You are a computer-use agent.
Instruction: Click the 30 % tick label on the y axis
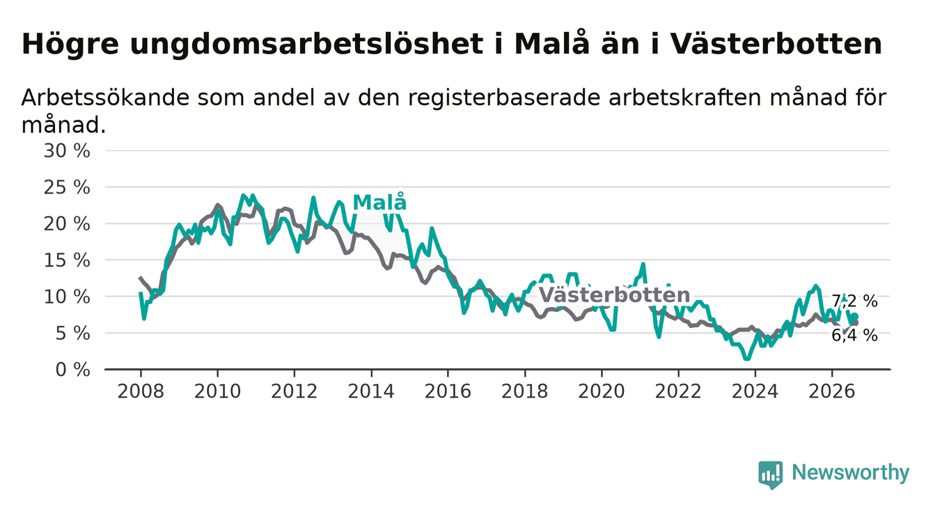coord(67,151)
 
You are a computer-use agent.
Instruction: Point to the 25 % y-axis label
coord(67,187)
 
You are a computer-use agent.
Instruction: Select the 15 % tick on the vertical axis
coord(67,260)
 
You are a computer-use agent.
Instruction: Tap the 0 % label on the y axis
coord(72,370)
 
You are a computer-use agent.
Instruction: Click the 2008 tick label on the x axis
coord(141,392)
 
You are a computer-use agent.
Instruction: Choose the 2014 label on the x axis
coord(371,392)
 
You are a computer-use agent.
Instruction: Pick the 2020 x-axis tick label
coord(602,392)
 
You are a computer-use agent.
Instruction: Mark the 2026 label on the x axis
coord(832,392)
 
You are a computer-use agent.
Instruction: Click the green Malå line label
coord(379,203)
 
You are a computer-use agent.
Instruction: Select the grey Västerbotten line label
coord(614,295)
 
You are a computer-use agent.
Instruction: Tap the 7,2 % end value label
coord(855,301)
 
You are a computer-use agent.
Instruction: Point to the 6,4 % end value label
coord(855,336)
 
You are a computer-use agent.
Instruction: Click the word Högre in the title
coord(70,44)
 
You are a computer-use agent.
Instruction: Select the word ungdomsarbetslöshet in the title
coord(306,43)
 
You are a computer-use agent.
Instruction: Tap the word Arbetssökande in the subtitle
coord(104,97)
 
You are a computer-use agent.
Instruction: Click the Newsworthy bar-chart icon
coord(771,475)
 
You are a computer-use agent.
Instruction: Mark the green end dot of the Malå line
coord(855,317)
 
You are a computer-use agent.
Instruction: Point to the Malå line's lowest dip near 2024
coord(747,358)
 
